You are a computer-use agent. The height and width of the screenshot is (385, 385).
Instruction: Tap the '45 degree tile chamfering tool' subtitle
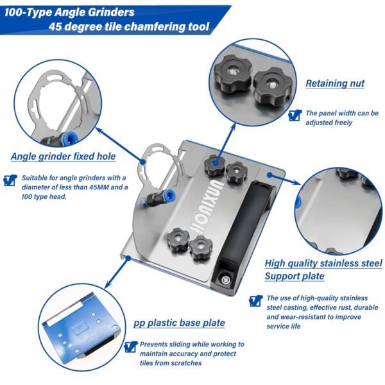tap(128, 28)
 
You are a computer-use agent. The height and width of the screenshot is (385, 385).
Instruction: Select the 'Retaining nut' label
tap(334, 83)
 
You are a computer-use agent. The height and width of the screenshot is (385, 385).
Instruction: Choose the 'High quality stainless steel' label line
tap(323, 264)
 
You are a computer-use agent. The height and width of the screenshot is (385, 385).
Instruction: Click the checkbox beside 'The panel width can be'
tap(295, 116)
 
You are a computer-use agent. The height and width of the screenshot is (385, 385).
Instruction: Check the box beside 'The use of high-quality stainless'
tap(255, 300)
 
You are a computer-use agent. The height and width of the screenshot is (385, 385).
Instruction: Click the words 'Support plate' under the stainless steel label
tap(295, 276)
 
